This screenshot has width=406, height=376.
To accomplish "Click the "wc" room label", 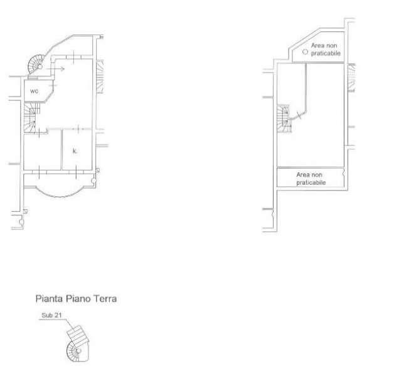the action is pyautogui.click(x=34, y=91).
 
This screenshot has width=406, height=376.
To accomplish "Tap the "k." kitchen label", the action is pyautogui.click(x=75, y=151).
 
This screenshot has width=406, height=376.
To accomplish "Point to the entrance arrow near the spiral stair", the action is pyautogui.click(x=55, y=69).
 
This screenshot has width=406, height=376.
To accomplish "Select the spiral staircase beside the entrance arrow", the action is pyautogui.click(x=36, y=65).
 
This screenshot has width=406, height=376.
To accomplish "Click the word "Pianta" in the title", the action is pyautogui.click(x=49, y=299).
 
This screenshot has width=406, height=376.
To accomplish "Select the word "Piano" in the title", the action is pyautogui.click(x=78, y=299).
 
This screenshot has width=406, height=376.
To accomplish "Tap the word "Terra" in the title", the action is pyautogui.click(x=105, y=299).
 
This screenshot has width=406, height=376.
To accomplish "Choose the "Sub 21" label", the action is pyautogui.click(x=51, y=315).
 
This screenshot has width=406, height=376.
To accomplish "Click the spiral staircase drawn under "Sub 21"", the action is pyautogui.click(x=77, y=344).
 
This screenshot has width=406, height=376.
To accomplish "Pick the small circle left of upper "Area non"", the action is pyautogui.click(x=305, y=52).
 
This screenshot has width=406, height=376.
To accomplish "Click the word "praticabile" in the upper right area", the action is pyautogui.click(x=326, y=53).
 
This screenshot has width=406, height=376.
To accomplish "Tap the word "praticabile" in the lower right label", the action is pyautogui.click(x=311, y=182).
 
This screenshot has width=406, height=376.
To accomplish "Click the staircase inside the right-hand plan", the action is pyautogui.click(x=284, y=118).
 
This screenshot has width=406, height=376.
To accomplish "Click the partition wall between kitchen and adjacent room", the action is pyautogui.click(x=62, y=150).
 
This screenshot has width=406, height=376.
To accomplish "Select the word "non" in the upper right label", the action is pyautogui.click(x=332, y=46).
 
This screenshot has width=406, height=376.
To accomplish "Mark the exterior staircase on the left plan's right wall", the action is pyautogui.click(x=100, y=76).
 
